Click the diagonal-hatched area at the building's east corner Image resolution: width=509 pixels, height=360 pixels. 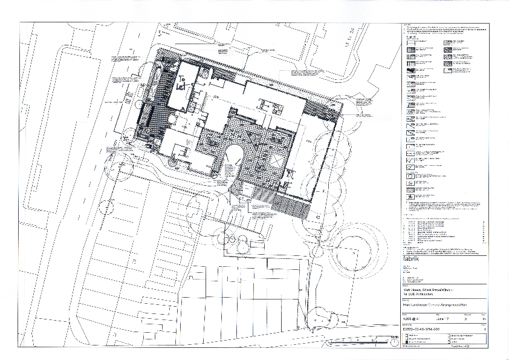[320, 110]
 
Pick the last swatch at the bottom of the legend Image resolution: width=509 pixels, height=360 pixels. [409, 197]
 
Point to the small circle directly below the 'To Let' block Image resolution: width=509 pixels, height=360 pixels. [172, 163]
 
